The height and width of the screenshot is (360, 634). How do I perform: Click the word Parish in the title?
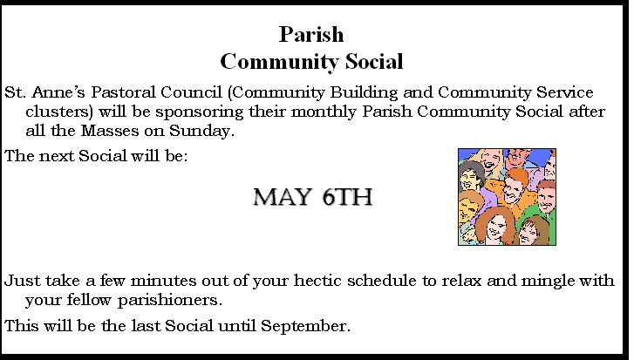point(311,35)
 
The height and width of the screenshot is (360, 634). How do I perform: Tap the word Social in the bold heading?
point(374,61)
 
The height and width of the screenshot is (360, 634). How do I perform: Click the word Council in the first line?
point(191,92)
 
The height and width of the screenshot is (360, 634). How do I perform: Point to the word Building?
point(364,93)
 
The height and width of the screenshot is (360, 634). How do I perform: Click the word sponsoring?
point(200,112)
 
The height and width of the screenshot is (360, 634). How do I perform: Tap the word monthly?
point(324,112)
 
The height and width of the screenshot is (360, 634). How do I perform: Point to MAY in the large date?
point(283,197)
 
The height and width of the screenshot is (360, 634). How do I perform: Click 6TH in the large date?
point(347,197)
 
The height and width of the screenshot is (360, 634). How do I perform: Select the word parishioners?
point(170,301)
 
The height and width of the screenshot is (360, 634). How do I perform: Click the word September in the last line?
point(305,327)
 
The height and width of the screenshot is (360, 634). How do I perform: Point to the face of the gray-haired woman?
point(470,179)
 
